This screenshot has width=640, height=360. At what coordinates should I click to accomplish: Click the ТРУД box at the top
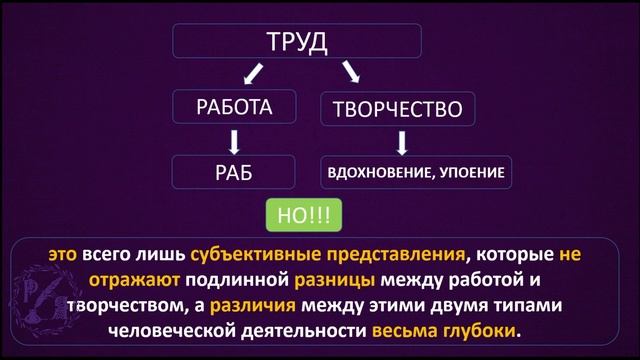click(x=297, y=42)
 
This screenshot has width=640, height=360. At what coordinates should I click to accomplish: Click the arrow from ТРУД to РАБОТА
click(x=254, y=72)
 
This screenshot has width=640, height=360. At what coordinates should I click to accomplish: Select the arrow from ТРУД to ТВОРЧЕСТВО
click(x=350, y=73)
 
